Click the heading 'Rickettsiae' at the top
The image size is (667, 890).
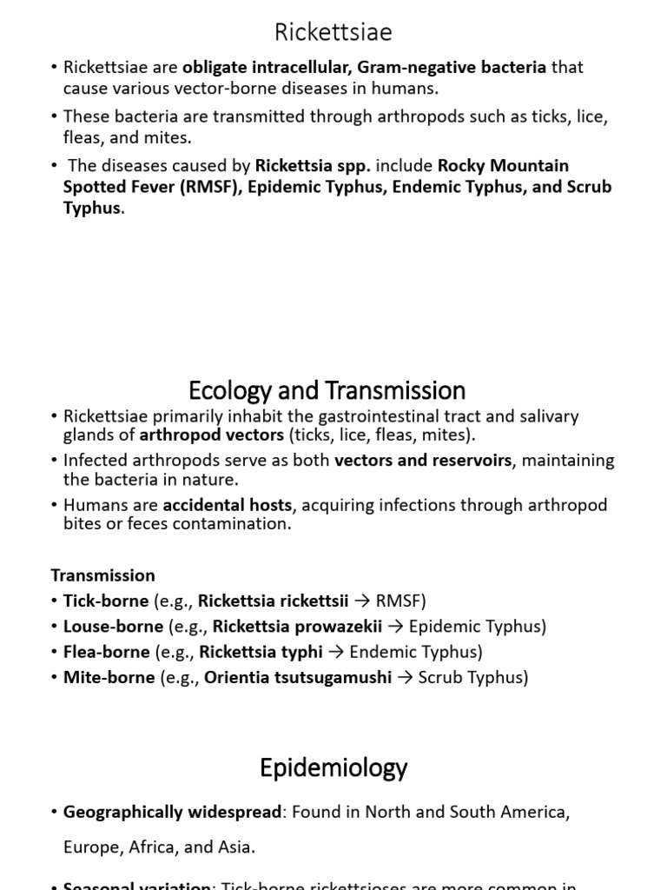click(x=333, y=32)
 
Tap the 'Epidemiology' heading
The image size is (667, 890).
click(x=333, y=767)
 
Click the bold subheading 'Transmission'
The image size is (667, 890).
click(x=102, y=575)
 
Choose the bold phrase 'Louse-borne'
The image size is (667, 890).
click(x=113, y=626)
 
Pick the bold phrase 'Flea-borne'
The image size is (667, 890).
click(x=107, y=651)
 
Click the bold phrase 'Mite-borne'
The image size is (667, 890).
click(x=109, y=677)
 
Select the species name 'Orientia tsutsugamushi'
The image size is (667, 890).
click(x=298, y=677)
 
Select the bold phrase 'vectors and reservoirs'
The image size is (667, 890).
click(x=423, y=461)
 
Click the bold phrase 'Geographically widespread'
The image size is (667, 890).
click(x=173, y=812)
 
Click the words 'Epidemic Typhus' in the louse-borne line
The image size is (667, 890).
click(x=478, y=626)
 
